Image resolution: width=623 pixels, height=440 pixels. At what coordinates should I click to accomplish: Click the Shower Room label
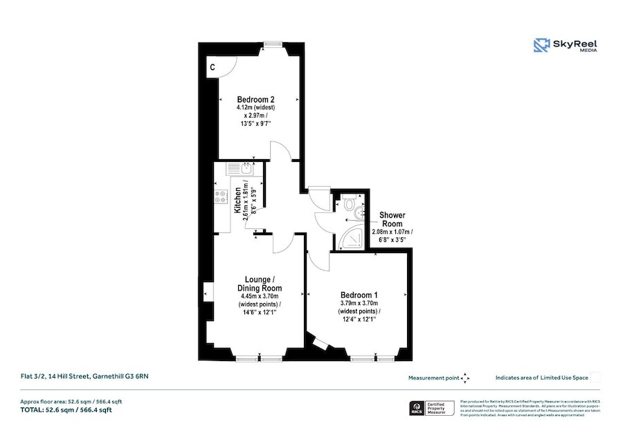coord(392,219)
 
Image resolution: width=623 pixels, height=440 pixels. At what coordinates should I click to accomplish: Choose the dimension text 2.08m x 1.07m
coord(392,232)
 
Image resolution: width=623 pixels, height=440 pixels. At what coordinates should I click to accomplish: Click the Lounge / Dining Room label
coord(260,284)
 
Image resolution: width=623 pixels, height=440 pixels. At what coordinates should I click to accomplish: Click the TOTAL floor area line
coord(65,410)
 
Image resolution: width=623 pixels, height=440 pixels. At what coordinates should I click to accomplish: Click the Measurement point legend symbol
coord(465,378)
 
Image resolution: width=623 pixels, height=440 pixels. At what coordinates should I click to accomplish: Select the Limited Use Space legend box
coord(596,378)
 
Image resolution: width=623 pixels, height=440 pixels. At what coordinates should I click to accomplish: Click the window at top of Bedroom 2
coord(271,44)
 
